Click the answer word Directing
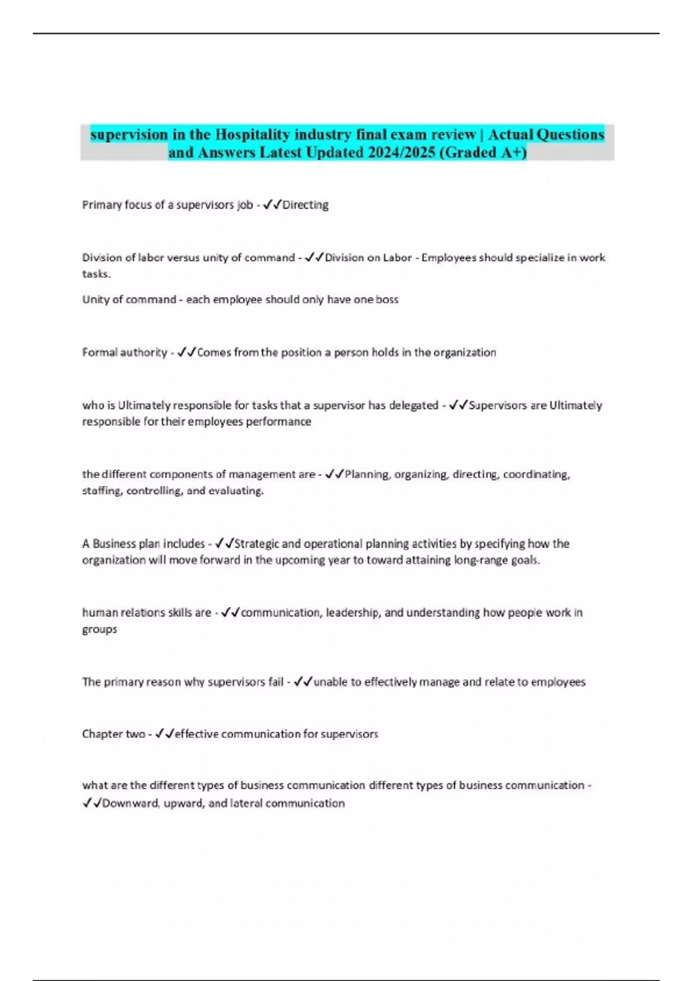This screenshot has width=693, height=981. [x=305, y=205]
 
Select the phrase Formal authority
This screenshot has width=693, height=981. [x=124, y=352]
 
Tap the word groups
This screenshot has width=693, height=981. [x=99, y=629]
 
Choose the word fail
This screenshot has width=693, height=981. [x=275, y=682]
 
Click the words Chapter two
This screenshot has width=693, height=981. [x=113, y=734]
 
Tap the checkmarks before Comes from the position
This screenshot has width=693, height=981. [x=187, y=352]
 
